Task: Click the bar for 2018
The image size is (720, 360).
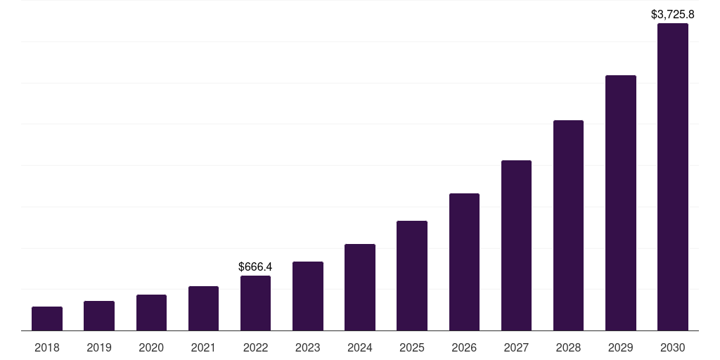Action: coord(47,319)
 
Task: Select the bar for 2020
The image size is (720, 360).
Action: coord(151,313)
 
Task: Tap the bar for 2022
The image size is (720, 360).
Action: coord(255,303)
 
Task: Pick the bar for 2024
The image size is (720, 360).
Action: coord(360,288)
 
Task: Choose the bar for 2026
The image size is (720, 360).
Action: coord(464,262)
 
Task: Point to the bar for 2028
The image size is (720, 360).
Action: coord(568,226)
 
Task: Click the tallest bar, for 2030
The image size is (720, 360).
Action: coord(673,177)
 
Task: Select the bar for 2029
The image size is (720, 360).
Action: coord(621,203)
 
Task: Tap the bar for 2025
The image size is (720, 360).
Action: coord(412,276)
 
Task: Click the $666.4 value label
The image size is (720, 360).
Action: coord(255,267)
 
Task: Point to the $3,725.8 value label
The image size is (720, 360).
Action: coord(673,14)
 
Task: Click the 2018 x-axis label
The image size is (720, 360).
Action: coord(47,347)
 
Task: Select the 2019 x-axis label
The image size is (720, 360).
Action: coord(99,347)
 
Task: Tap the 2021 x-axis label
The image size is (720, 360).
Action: coord(203,347)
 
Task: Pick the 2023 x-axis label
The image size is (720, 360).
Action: coord(308,347)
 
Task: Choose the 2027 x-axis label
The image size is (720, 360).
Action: coord(516,347)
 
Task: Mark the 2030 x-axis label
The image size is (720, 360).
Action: coord(673,347)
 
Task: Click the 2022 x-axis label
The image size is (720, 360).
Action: coord(255,347)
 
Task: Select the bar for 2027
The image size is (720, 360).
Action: coord(516,245)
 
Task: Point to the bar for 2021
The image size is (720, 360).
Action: coord(203,309)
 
